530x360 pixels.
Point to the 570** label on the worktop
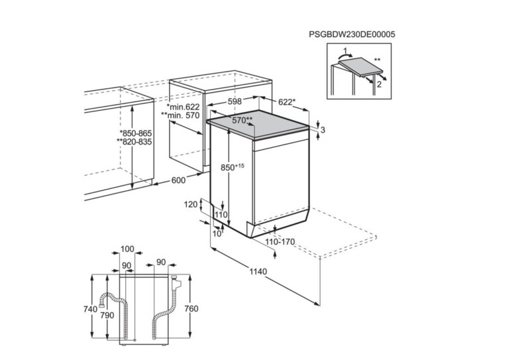pyautogui.click(x=242, y=120)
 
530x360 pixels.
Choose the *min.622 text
pyautogui.click(x=183, y=106)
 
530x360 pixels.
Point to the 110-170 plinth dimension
pyautogui.click(x=279, y=242)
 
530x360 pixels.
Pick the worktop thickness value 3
pyautogui.click(x=323, y=130)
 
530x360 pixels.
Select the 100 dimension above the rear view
pyautogui.click(x=128, y=249)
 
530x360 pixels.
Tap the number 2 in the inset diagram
pyautogui.click(x=380, y=85)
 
